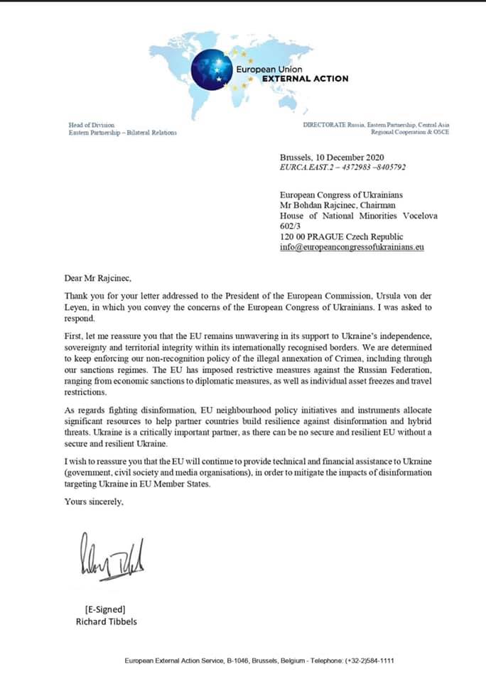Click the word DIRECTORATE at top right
(324, 125)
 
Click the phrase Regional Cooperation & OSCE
(410, 132)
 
